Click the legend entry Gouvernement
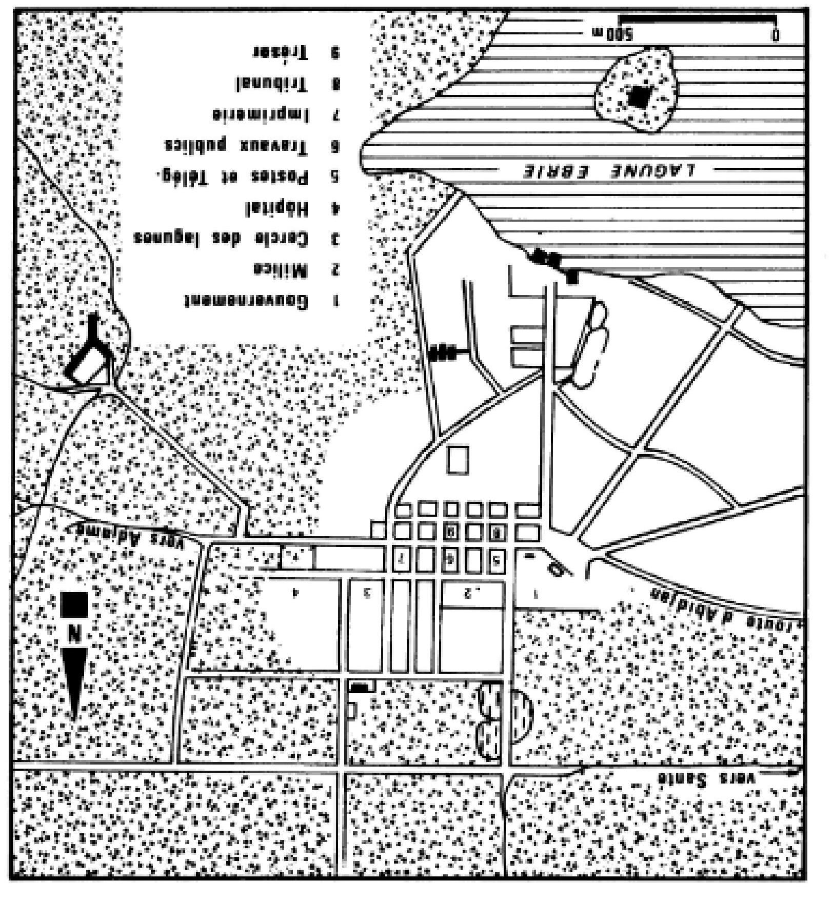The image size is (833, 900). (247, 301)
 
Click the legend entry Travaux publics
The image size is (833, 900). (236, 146)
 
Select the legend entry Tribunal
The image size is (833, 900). (272, 84)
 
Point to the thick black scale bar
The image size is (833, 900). (698, 19)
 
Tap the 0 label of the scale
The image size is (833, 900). (776, 35)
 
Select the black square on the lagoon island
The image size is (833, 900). (639, 96)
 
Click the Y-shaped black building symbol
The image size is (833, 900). (92, 349)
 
